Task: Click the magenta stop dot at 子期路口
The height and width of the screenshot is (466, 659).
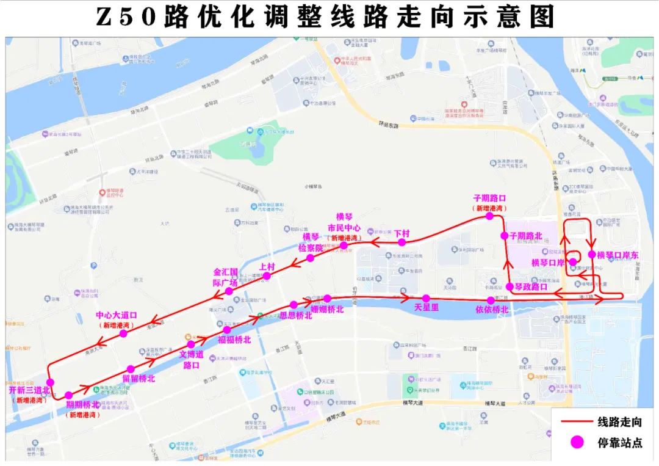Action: click(x=489, y=216)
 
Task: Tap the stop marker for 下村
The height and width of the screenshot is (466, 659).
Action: click(x=402, y=242)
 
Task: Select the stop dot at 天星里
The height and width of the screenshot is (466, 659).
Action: click(x=426, y=298)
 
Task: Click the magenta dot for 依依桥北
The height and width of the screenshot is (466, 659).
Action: click(x=491, y=300)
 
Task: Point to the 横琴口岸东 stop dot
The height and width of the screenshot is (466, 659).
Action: click(x=591, y=254)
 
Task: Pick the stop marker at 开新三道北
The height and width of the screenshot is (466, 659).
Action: click(x=50, y=382)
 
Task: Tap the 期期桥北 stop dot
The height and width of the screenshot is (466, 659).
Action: click(x=68, y=395)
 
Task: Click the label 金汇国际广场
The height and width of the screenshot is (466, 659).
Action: click(x=225, y=277)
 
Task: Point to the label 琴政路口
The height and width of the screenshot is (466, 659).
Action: click(x=530, y=286)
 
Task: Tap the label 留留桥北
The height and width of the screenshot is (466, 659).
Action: click(x=139, y=379)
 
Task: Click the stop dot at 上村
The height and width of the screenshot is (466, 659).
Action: click(x=266, y=276)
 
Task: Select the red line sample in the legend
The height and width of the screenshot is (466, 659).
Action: click(x=574, y=421)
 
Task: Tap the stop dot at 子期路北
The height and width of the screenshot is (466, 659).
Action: click(x=505, y=236)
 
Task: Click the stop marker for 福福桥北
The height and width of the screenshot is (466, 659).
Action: click(x=227, y=330)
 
